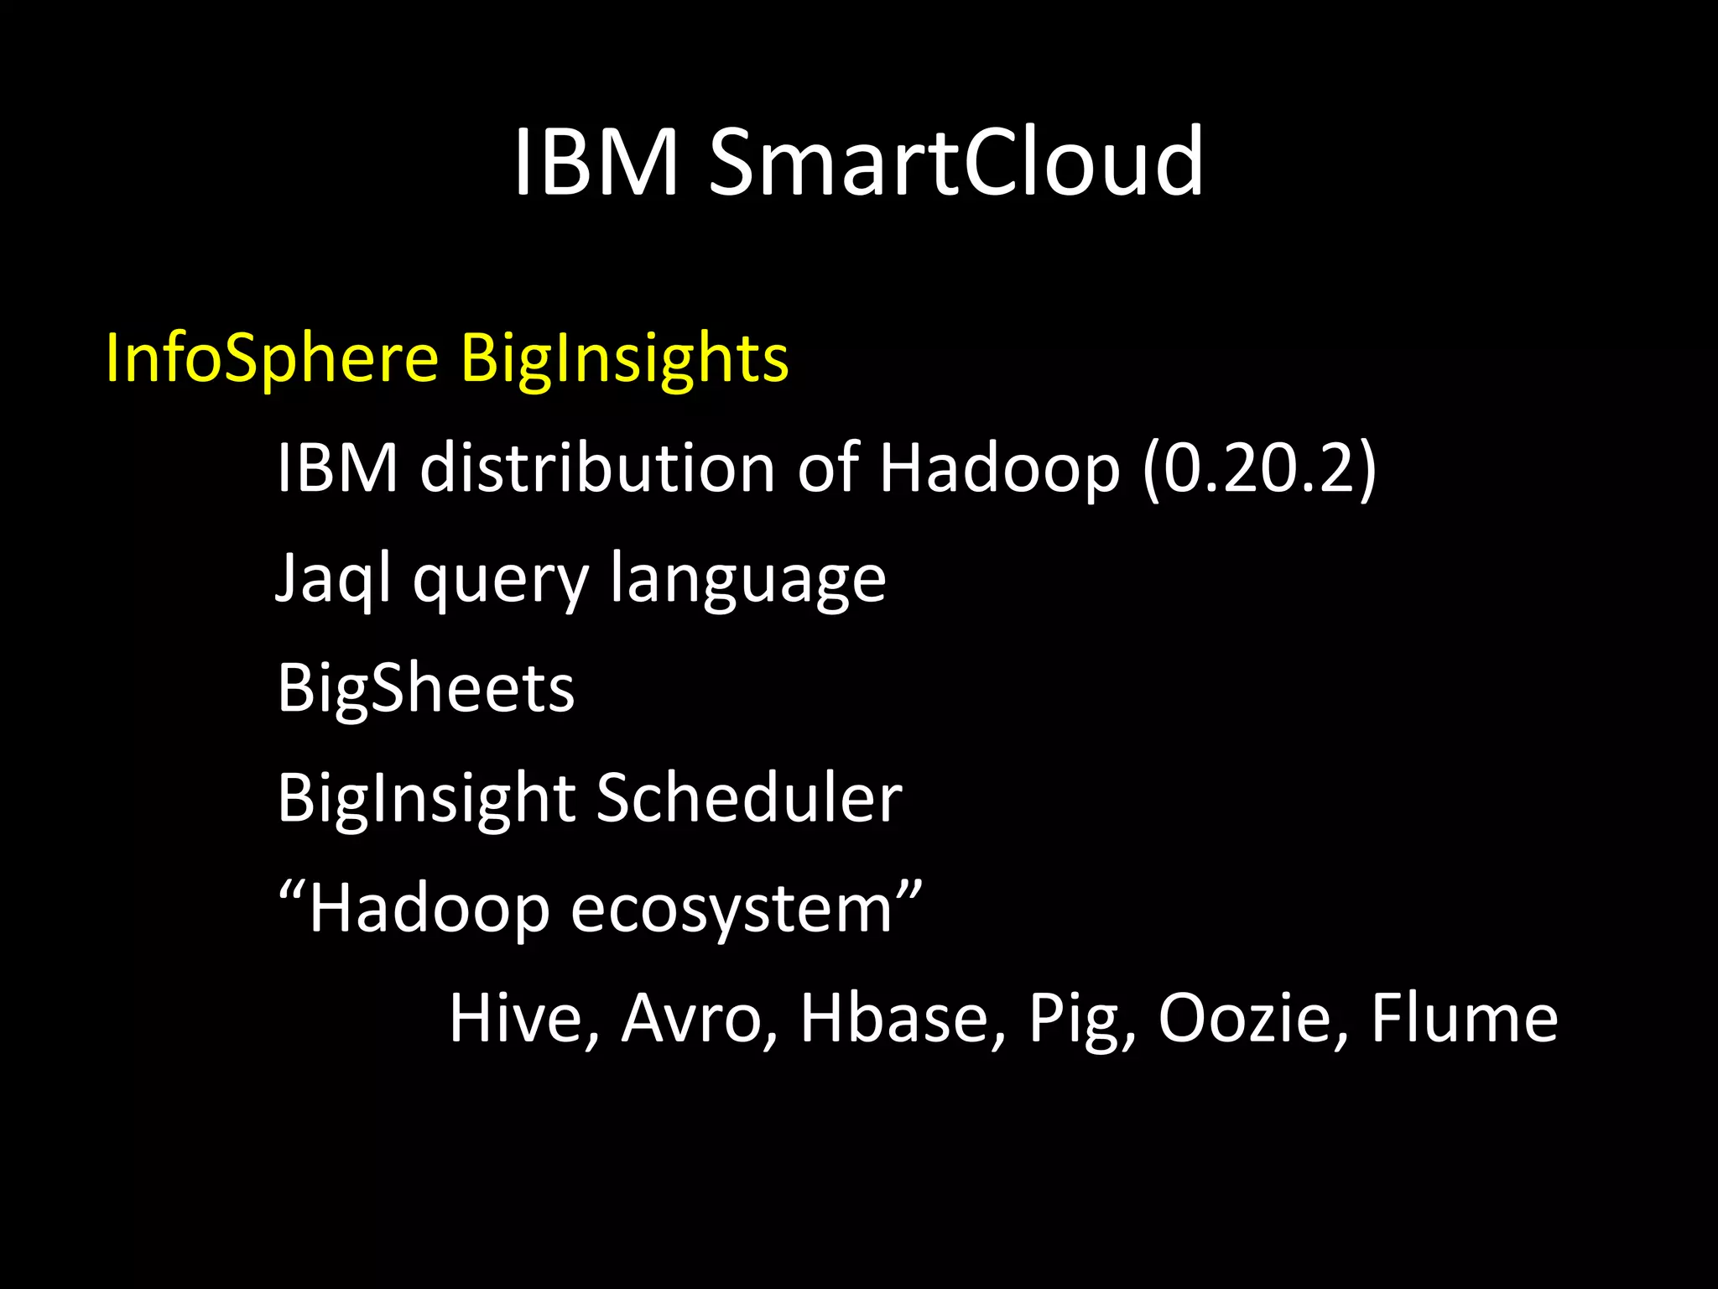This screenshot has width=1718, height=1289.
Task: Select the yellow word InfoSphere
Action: pos(272,359)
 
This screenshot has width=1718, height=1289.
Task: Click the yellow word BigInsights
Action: pos(625,359)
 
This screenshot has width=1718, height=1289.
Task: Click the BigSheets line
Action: pos(426,688)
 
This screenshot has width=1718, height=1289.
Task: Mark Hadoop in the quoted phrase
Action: pos(429,910)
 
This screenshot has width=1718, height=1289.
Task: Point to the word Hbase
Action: pos(901,1018)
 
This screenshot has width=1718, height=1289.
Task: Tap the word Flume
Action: pos(1464,1018)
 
